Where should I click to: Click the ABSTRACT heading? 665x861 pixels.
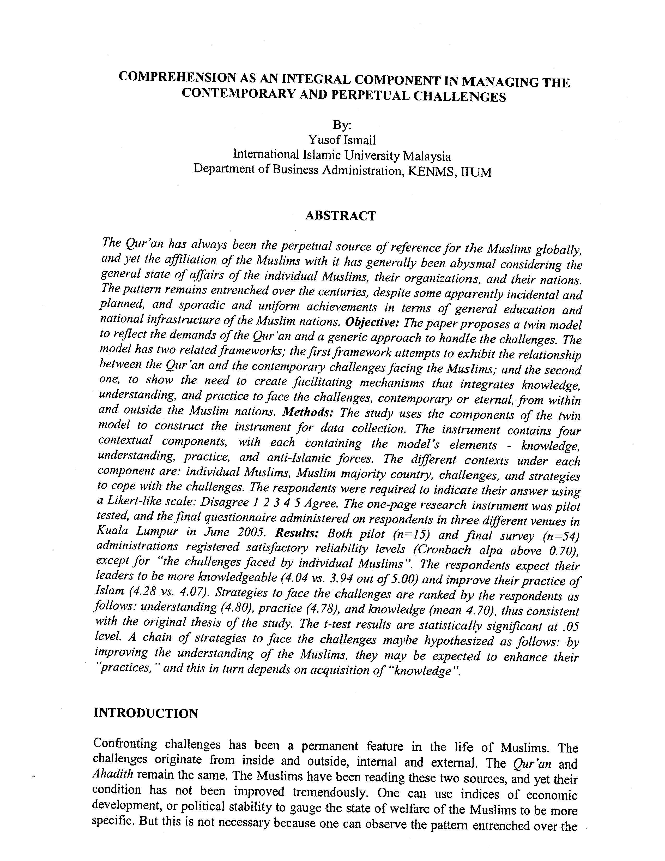pos(341,216)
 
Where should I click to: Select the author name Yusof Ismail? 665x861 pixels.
pos(342,140)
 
